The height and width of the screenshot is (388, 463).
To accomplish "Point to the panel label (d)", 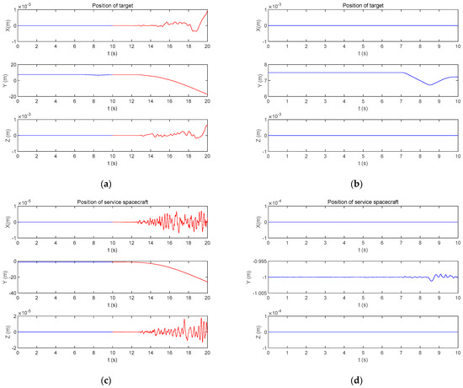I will pyautogui.click(x=356, y=380).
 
